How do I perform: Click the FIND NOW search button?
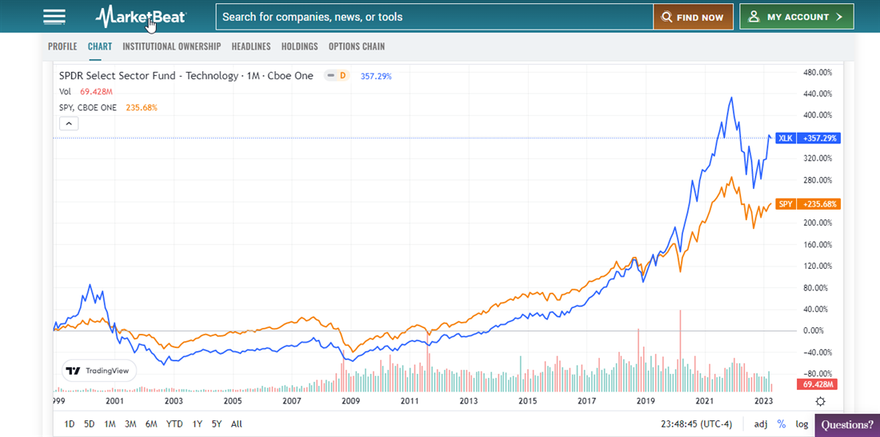pos(694,17)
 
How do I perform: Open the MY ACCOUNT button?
pos(796,17)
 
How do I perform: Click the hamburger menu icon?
pos(54,17)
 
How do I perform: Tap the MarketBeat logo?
pos(141,16)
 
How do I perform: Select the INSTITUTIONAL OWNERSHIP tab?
pos(171,46)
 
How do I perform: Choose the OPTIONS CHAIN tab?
pos(357,46)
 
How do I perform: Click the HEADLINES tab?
pos(251,46)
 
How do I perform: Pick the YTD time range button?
pos(174,424)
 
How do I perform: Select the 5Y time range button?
pos(217,424)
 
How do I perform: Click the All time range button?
pos(236,424)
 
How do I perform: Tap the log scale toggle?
pos(802,424)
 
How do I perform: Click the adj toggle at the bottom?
pos(761,424)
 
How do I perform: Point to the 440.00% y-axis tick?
pos(817,94)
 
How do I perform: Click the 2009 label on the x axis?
pos(350,401)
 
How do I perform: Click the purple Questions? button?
pos(847,425)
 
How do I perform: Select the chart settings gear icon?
pos(820,401)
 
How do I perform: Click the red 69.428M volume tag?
pos(817,385)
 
